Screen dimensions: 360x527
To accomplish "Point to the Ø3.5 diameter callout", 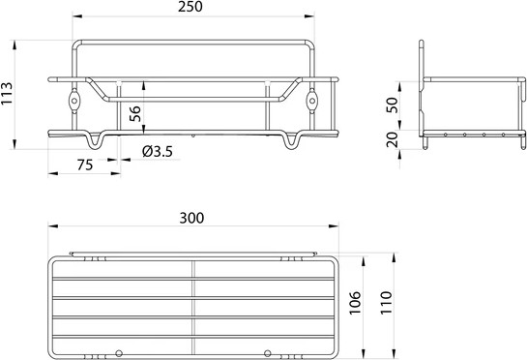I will [156, 150].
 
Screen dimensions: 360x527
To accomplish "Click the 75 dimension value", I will [84, 165].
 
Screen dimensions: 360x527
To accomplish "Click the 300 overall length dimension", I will [192, 218].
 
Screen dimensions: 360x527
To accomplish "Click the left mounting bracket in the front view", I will [73, 101].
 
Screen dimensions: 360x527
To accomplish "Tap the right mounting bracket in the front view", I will [311, 101].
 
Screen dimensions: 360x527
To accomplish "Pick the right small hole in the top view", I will [268, 350].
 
